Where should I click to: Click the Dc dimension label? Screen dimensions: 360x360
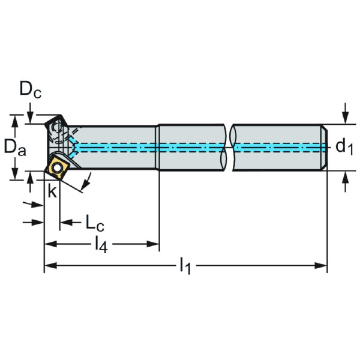pos(30,91)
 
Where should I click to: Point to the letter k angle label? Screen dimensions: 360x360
pos(53,191)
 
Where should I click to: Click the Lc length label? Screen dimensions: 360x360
pos(94,223)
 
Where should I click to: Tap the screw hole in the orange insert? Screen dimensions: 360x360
pos(58,167)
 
